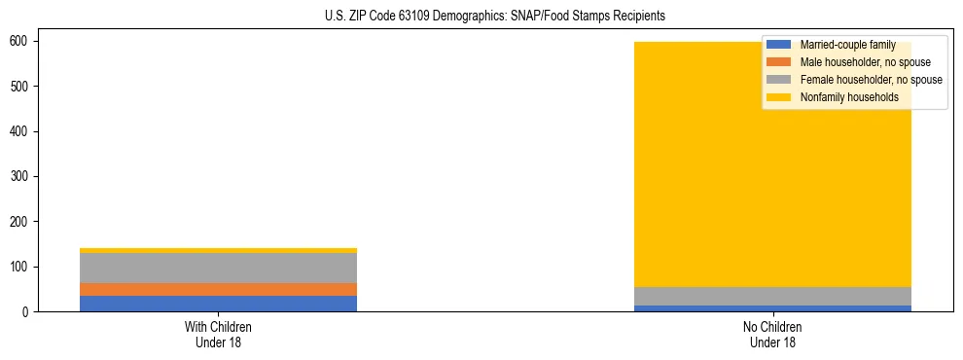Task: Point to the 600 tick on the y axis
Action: [x=18, y=42]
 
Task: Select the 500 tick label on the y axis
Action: [x=18, y=87]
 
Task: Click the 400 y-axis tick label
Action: [x=18, y=131]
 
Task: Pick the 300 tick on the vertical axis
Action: [x=18, y=177]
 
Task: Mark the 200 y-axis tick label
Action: [x=18, y=222]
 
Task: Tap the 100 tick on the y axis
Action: [x=18, y=267]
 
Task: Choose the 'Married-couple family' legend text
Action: [x=847, y=45]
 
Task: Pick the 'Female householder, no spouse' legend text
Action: [x=871, y=80]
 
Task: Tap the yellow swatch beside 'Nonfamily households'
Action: [x=779, y=97]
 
